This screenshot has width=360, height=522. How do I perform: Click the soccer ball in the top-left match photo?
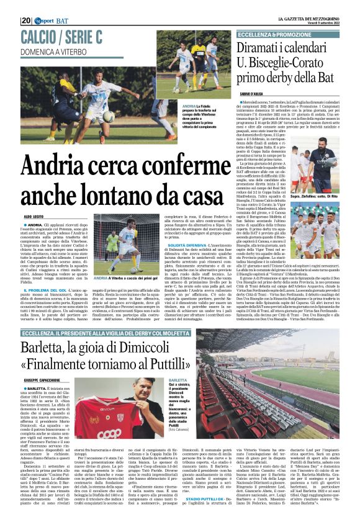pos(109,116)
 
